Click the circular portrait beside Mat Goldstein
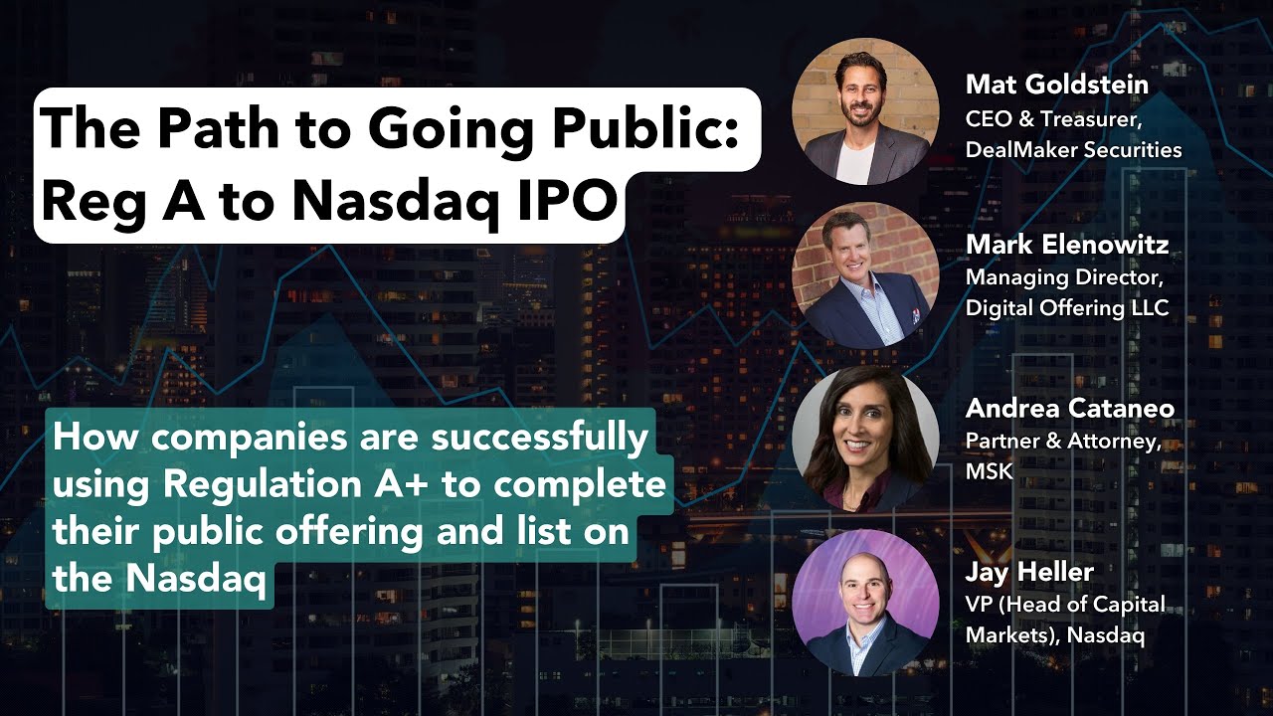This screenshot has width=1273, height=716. point(864,111)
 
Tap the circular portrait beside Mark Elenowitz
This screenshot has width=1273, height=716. point(864,275)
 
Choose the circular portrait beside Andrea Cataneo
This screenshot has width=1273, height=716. point(864,439)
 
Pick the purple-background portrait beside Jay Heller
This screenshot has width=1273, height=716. point(864,603)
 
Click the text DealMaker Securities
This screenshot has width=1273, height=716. point(1073,150)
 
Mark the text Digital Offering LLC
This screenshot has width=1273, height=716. point(1066,308)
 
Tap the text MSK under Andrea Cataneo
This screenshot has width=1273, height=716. point(989,471)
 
